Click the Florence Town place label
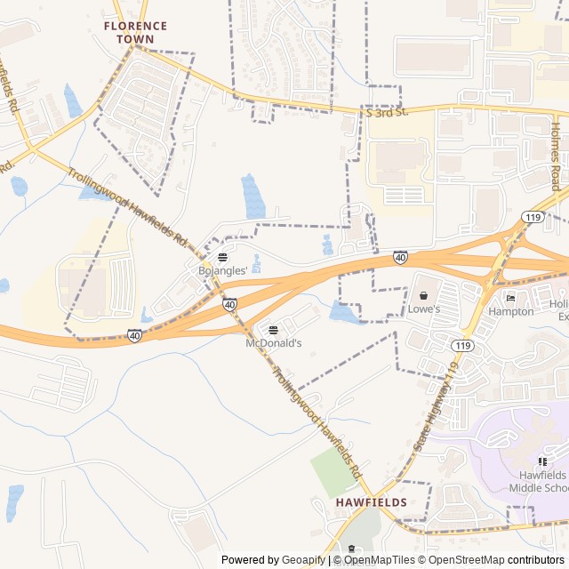[x=135, y=32]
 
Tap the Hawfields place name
[x=371, y=502]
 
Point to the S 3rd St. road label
[x=386, y=112]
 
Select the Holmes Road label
[x=554, y=156]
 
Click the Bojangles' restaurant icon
[x=222, y=257]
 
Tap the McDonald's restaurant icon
[x=273, y=330]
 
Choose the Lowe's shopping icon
[x=424, y=295]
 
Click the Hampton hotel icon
[x=510, y=297]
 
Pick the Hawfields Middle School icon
[x=542, y=461]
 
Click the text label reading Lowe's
[x=424, y=309]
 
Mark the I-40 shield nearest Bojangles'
[x=230, y=304]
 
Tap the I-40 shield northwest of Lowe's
[x=401, y=257]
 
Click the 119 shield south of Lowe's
[x=461, y=345]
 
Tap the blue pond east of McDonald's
[x=343, y=312]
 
